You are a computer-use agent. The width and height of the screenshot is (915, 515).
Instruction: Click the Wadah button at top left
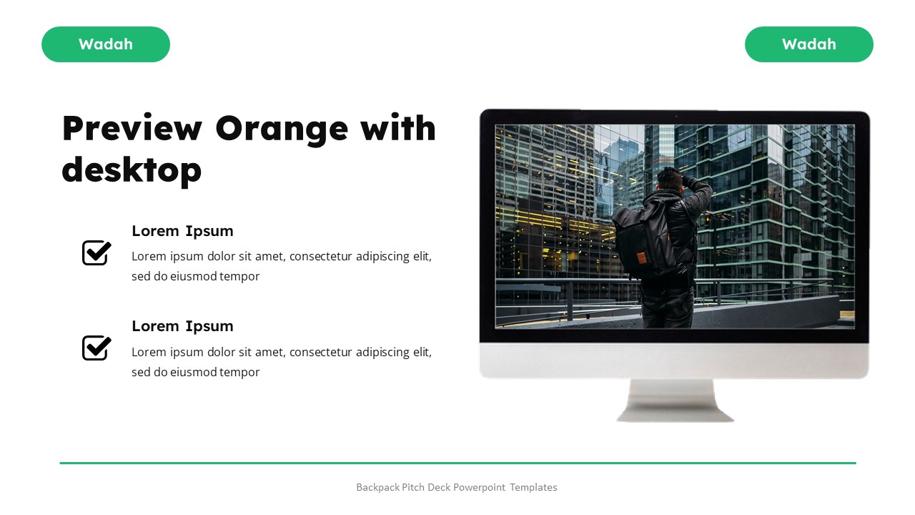pos(106,44)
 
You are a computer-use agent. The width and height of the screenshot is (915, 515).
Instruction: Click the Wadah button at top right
pos(808,44)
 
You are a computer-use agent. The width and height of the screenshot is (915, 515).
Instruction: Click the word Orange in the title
pos(281,129)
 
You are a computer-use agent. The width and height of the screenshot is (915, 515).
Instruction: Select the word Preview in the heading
pos(132,129)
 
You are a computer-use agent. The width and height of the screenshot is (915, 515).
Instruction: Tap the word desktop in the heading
pos(132,170)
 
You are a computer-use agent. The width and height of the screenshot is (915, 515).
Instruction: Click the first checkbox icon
pos(97,252)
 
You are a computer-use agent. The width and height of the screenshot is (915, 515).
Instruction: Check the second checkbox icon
pos(97,348)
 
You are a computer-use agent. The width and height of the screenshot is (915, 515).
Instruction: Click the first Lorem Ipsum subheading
pos(182,230)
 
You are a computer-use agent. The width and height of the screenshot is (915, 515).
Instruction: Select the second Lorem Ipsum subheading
pos(182,326)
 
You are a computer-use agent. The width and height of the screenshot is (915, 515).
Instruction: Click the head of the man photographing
pos(671,179)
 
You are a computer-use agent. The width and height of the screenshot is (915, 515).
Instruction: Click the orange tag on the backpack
pos(641,257)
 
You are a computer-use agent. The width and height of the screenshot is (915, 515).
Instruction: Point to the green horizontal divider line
pos(457,463)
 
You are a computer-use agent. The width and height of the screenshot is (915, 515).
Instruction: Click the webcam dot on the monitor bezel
pos(675,116)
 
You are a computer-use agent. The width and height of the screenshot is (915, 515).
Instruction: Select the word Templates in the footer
pos(533,487)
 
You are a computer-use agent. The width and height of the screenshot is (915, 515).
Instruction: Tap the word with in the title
pos(397,129)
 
